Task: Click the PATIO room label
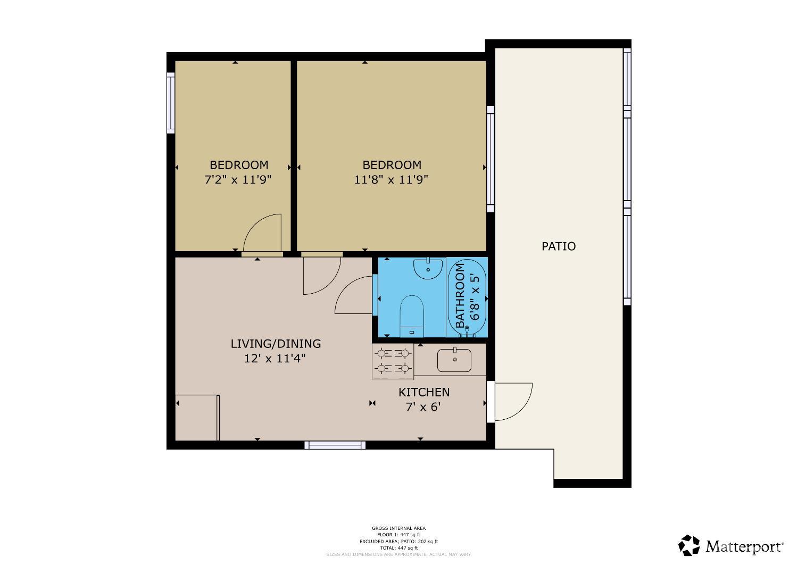558,246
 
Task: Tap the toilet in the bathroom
411,316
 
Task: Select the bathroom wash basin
428,269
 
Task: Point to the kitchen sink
454,360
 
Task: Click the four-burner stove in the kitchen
393,361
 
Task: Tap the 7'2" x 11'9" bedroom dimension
238,180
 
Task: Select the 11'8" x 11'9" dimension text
391,180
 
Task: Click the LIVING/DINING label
276,344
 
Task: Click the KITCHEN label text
424,392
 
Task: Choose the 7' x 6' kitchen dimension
423,407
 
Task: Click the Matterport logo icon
689,545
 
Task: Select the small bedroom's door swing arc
262,232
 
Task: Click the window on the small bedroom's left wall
171,103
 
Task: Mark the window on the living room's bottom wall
335,445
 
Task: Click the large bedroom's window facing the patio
491,159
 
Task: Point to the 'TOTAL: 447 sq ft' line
398,548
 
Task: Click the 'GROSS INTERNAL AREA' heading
398,528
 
